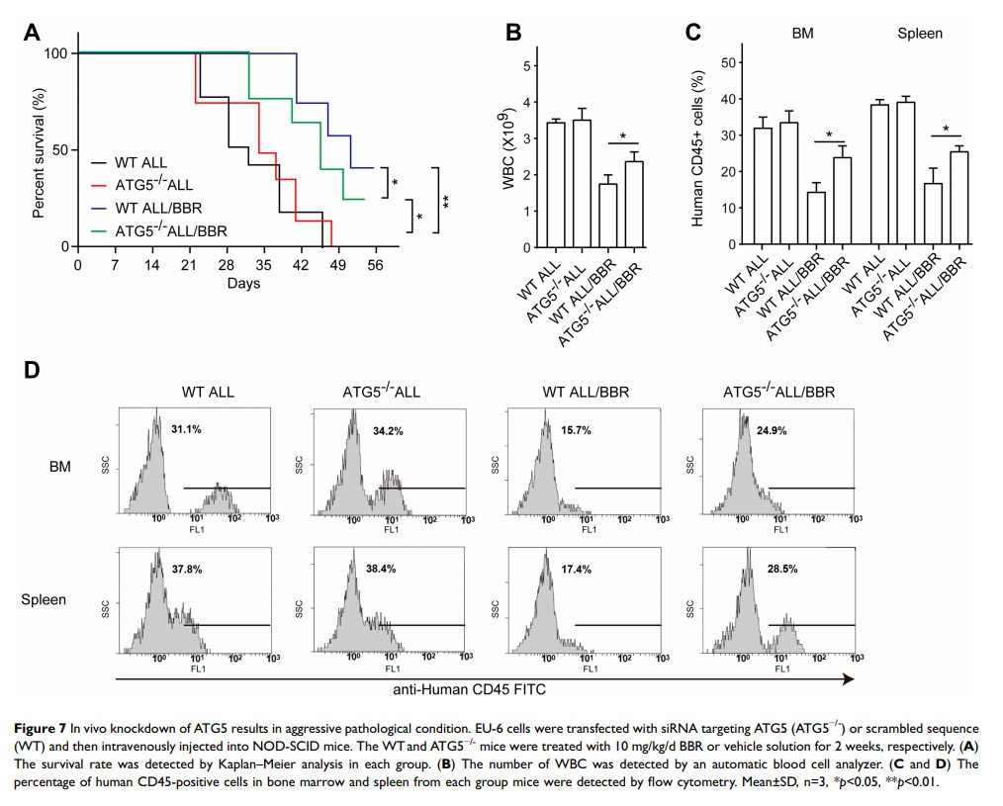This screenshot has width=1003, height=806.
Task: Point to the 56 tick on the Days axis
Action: click(x=375, y=264)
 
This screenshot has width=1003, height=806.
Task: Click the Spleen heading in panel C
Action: click(x=919, y=33)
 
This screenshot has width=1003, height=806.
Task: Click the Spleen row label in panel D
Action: click(x=46, y=600)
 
